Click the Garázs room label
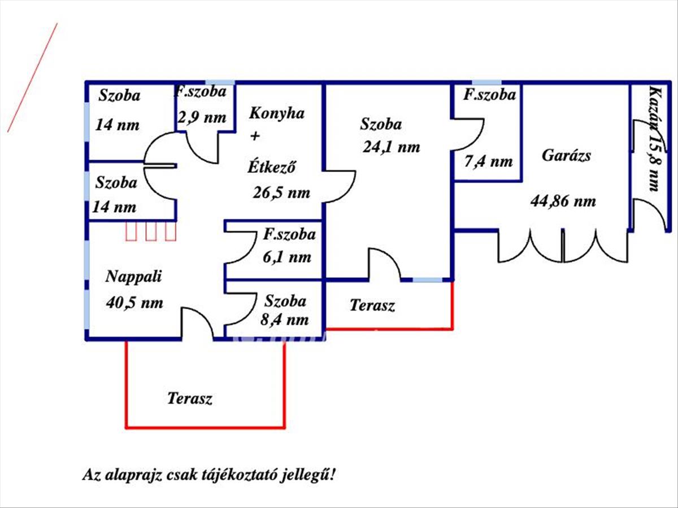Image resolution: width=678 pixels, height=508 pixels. coord(566,155)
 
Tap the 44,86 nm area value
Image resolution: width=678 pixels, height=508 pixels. coord(563,200)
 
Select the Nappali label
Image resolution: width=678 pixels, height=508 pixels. coord(134,277)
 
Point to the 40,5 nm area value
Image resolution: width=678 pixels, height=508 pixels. coord(134,303)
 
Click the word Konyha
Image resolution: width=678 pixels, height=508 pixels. coord(276,113)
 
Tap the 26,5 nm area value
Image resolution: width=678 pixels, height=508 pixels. coord(281,193)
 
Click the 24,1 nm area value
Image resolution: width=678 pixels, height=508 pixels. coord(392,148)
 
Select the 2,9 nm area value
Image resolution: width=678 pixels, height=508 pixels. coord(202,117)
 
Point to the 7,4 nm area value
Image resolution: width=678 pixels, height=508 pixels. coord(488,162)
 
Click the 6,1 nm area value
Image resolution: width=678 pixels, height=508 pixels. coord(287,257)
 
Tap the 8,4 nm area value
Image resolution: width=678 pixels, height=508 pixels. coord(285,320)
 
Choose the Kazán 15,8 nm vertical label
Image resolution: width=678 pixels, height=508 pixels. coord(654,139)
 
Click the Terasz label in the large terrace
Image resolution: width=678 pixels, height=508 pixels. coord(190,398)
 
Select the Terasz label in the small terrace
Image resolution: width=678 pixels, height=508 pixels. coord(372,306)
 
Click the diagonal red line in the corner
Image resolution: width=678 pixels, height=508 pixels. coord(32,78)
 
